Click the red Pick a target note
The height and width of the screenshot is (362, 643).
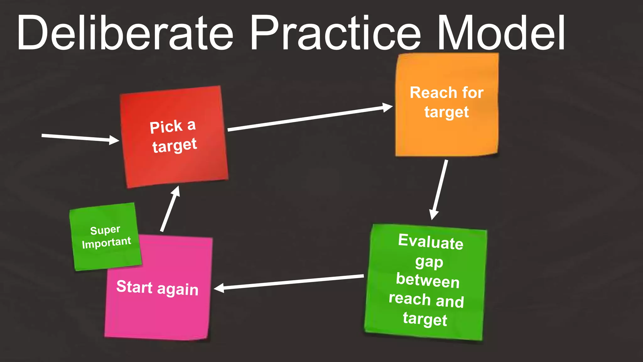coord(174,163)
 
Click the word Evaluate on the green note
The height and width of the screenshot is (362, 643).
coord(430,242)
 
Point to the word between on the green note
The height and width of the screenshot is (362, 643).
coord(428,280)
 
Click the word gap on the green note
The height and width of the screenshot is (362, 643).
coord(429,262)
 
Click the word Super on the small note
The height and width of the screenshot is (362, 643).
coord(105,230)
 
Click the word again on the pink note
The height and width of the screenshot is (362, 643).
coord(178,289)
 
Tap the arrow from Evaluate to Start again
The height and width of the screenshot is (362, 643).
coord(289,282)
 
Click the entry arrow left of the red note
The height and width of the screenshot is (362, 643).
coord(80,138)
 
